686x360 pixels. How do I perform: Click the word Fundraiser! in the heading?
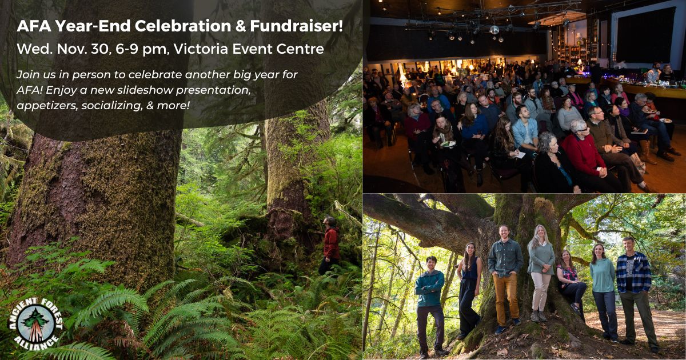point(296,26)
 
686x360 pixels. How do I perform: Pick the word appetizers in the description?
point(47,106)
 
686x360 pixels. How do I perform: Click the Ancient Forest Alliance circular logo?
point(35,324)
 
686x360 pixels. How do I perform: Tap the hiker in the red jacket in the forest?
point(330,245)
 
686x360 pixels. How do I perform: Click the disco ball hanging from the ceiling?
point(494,30)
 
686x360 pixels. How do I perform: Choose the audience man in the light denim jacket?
point(525,130)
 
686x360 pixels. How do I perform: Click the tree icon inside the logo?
point(35,325)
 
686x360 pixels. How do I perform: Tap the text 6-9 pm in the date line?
point(141,49)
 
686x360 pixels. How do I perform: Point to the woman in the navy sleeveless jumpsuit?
point(469,289)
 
